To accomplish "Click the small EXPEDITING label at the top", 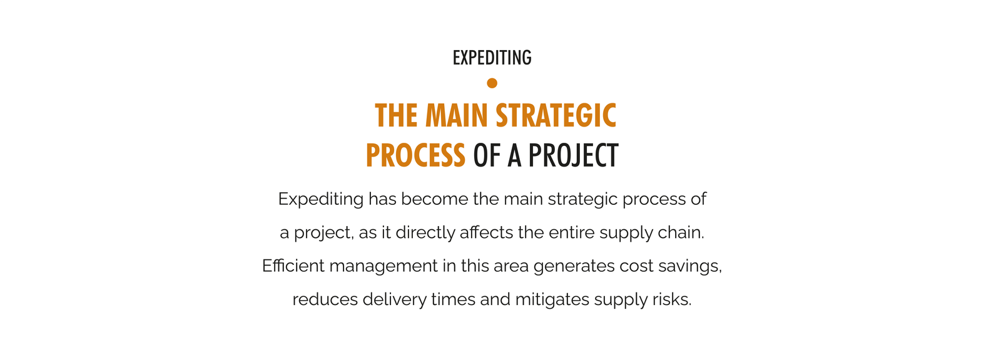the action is click(x=492, y=58).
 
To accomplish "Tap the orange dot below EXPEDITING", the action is click(x=492, y=83).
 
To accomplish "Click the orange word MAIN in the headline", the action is click(x=456, y=115).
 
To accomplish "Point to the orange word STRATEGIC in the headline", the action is click(x=556, y=115).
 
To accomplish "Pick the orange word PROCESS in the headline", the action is click(x=415, y=155).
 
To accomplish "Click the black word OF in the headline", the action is click(x=487, y=155).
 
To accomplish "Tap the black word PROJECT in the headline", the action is click(x=573, y=155).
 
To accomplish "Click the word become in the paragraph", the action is click(x=434, y=199).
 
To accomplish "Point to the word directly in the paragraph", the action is click(x=425, y=233).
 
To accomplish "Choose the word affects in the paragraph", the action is click(x=487, y=233).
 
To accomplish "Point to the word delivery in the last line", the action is click(x=395, y=300).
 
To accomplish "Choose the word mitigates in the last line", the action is click(x=552, y=300).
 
